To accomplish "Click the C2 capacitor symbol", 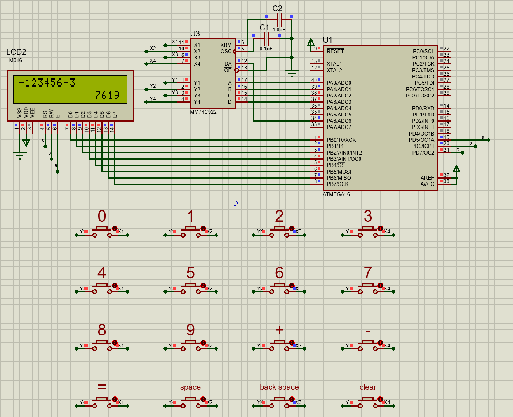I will coord(279,19).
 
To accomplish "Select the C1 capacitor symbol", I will coord(266,38).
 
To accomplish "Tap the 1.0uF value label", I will coord(279,30).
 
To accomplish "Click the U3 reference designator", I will coord(195,34).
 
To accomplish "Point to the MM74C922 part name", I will coord(203,112).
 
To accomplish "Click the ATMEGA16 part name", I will coord(336,194).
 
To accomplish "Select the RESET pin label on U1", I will coord(335,51).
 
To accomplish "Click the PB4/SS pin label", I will coord(336,165).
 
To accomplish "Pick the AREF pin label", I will coord(427,178).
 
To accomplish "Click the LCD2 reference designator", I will coord(16,52).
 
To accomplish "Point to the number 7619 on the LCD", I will coord(107,96).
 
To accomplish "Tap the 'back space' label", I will coord(279,387).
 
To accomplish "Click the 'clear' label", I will coord(368,387).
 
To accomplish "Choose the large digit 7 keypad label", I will coord(368,273).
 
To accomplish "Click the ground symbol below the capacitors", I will coord(292,73).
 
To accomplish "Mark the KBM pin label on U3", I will coord(226,45).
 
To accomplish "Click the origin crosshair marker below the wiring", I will coord(235,203).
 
